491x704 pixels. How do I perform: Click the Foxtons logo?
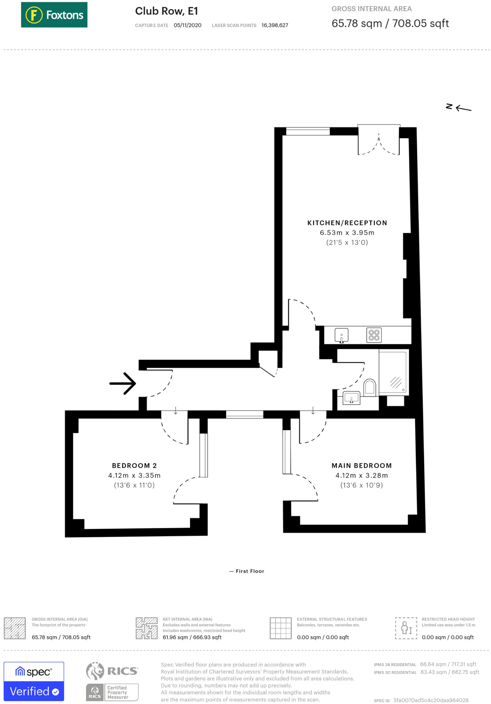(54, 15)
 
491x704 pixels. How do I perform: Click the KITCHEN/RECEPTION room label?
(347, 223)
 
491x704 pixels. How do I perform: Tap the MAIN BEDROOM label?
(361, 465)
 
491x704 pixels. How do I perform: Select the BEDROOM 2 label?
(134, 465)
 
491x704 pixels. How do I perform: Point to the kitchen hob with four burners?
(374, 335)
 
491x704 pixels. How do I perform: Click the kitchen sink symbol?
(341, 335)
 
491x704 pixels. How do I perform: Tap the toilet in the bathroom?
(370, 387)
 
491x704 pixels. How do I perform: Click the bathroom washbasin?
(351, 398)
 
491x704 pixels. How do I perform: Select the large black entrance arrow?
(123, 383)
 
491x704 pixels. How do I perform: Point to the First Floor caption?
(247, 571)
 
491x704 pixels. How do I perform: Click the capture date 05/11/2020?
(188, 25)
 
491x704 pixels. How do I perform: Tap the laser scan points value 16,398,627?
(275, 25)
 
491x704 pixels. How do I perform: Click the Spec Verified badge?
(34, 681)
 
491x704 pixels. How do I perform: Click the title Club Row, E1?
(167, 11)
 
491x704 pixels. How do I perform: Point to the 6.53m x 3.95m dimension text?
(347, 233)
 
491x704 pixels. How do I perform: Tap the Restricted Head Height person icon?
(406, 628)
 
